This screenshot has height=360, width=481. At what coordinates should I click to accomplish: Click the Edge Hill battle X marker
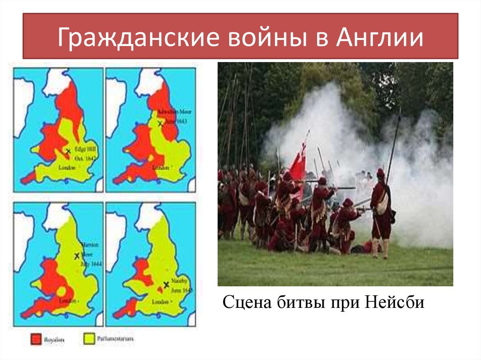(x=69, y=151)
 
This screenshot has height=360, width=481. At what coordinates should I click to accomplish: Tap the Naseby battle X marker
(x=165, y=284)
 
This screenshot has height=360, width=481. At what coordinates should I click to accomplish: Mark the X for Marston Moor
(x=77, y=256)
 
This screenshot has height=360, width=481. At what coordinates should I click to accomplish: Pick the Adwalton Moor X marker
(x=160, y=123)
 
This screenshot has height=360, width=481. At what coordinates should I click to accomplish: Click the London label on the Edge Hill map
(x=67, y=168)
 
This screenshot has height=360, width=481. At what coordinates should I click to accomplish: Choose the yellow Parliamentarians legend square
(x=87, y=339)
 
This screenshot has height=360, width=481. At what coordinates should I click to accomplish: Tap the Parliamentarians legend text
(x=112, y=338)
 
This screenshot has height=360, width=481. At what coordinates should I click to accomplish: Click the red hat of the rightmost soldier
(x=380, y=173)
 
